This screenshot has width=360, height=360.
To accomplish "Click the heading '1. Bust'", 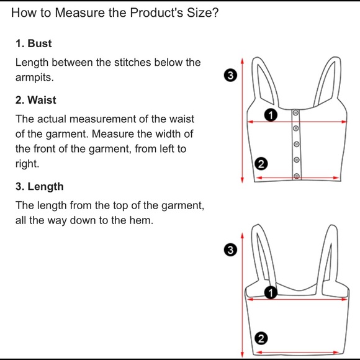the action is click(x=34, y=43).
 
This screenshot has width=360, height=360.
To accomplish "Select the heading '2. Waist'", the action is click(x=36, y=100).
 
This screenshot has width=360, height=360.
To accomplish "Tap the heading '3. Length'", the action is click(x=40, y=186).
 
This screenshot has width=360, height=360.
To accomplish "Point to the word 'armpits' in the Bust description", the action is click(x=34, y=78).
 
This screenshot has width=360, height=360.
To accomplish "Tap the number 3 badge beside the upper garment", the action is click(x=230, y=75).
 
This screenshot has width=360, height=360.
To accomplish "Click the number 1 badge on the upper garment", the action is click(x=271, y=115).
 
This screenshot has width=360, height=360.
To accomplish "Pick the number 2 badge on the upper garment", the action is click(x=261, y=164).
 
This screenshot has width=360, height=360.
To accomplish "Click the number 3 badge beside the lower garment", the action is click(x=230, y=250).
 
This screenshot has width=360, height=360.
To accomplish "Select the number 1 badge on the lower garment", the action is click(x=271, y=292).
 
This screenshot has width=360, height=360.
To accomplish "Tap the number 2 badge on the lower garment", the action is click(x=261, y=338).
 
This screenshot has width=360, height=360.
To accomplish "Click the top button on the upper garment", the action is click(x=295, y=113).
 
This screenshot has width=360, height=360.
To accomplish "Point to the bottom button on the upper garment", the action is click(x=297, y=176).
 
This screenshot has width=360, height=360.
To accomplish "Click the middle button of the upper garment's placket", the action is click(x=297, y=144).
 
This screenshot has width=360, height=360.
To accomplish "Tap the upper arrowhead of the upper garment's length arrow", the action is click(x=242, y=61).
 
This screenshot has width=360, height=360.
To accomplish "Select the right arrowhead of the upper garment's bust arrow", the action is click(x=344, y=122).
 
